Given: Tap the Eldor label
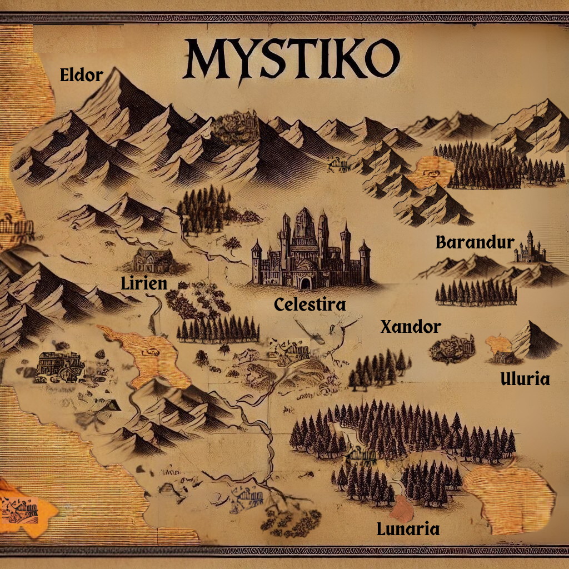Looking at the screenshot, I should pos(82,75).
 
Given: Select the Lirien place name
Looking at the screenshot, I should pos(144,283).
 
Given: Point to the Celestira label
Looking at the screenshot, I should pos(310,304).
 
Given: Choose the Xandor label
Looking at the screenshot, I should pos(410,327).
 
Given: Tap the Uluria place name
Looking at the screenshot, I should pos(525,380).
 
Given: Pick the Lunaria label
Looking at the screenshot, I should pos(408,528).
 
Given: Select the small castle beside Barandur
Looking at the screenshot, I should pos(530,248).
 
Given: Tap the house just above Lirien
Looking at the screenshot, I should pos(154,260).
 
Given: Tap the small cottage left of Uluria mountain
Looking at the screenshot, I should pos(502,356).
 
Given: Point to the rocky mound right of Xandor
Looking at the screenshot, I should pos(452,348).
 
